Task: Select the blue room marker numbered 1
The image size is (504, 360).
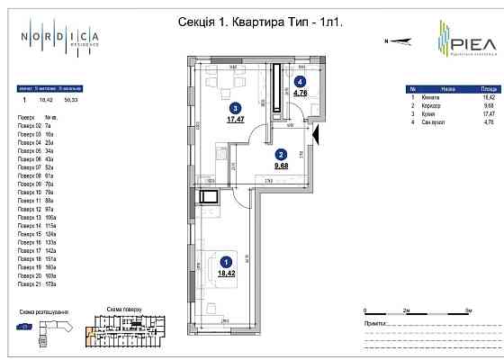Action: click(224, 262)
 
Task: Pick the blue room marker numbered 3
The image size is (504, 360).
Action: click(233, 106)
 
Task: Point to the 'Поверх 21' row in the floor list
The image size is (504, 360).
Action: click(32, 283)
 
